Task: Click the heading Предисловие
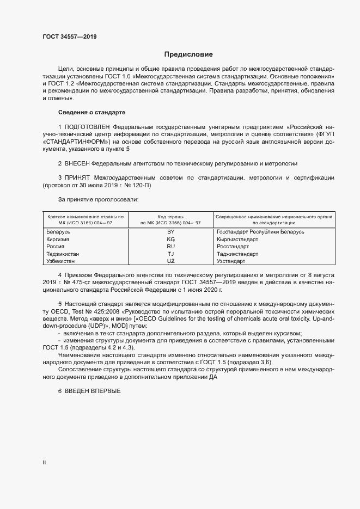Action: [x=189, y=54]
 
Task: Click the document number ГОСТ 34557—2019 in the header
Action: [x=70, y=37]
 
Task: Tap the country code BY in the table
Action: [x=170, y=232]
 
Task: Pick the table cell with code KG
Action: [x=170, y=240]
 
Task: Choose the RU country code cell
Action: [x=170, y=247]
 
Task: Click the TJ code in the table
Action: [x=170, y=254]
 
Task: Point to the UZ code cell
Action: [x=170, y=261]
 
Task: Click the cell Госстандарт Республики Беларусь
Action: [x=260, y=232]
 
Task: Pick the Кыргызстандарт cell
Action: [x=237, y=240]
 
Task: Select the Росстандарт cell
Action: [x=233, y=247]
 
